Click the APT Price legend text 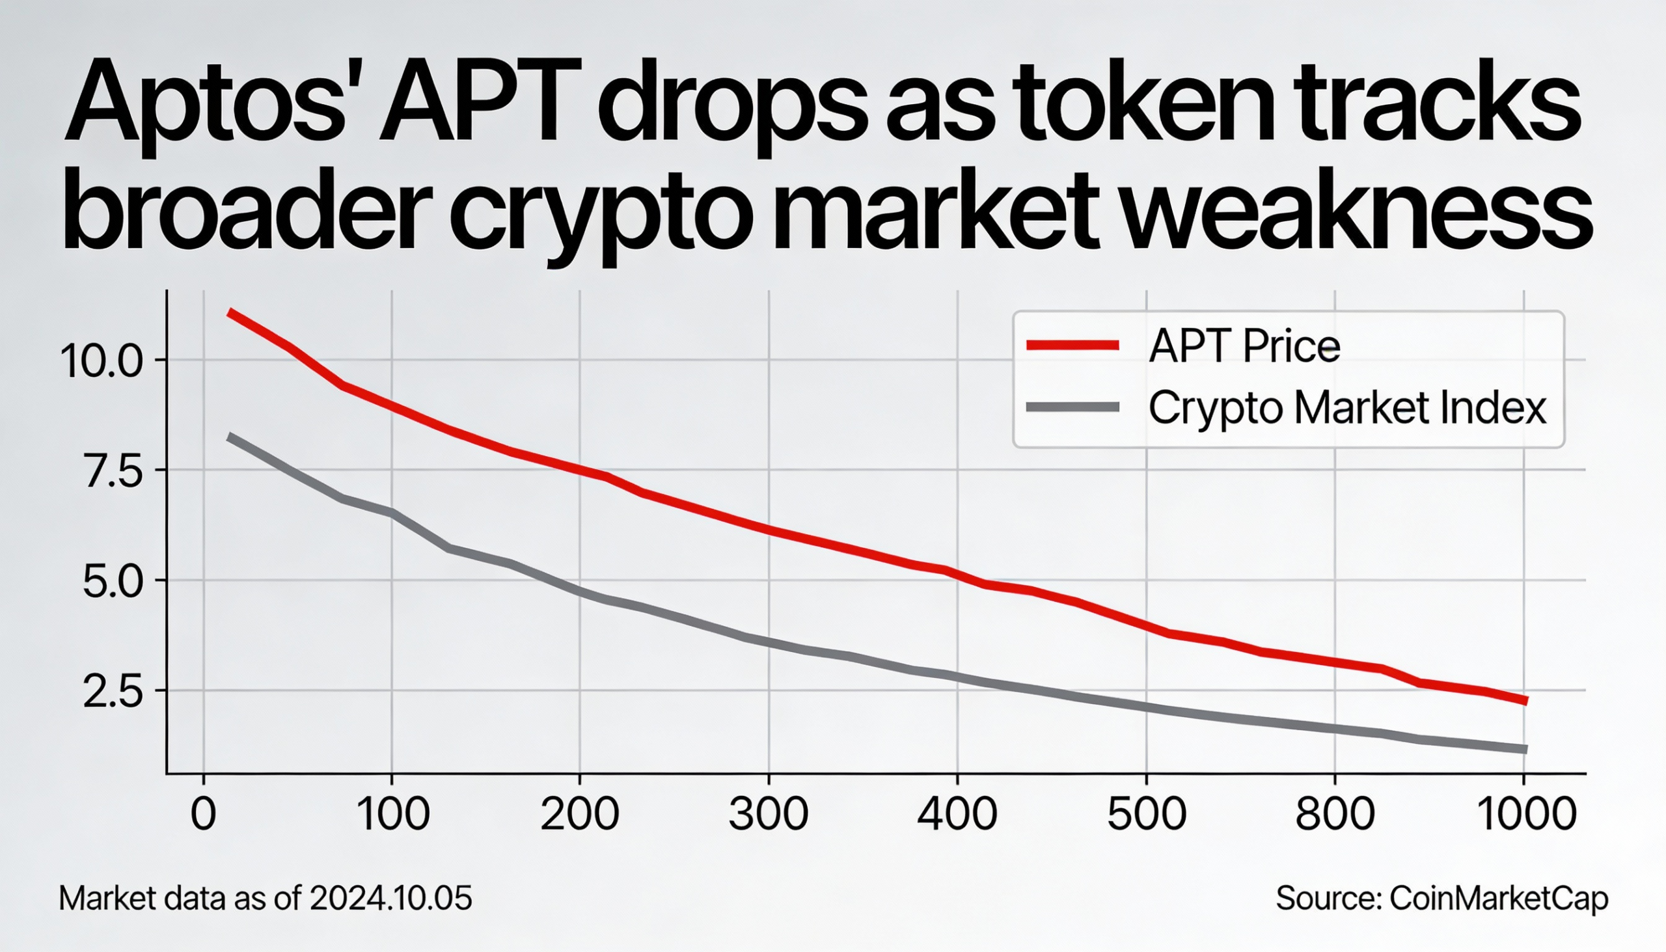pos(1244,346)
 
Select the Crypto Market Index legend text pos(1347,409)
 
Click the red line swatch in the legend pos(1072,346)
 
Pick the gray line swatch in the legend pos(1072,407)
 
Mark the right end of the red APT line pos(1525,701)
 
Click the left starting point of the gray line pos(229,436)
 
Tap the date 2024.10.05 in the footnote pos(390,899)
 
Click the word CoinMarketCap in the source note pos(1498,899)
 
